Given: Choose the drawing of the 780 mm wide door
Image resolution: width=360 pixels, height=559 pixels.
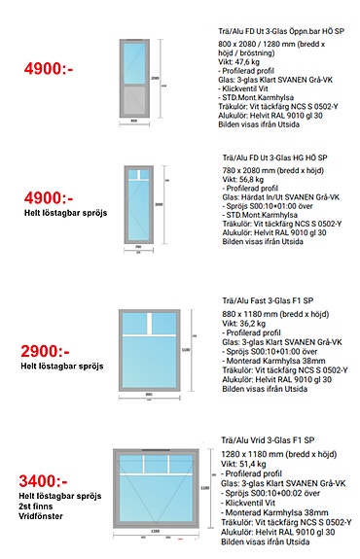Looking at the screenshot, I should pyautogui.click(x=135, y=203).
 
